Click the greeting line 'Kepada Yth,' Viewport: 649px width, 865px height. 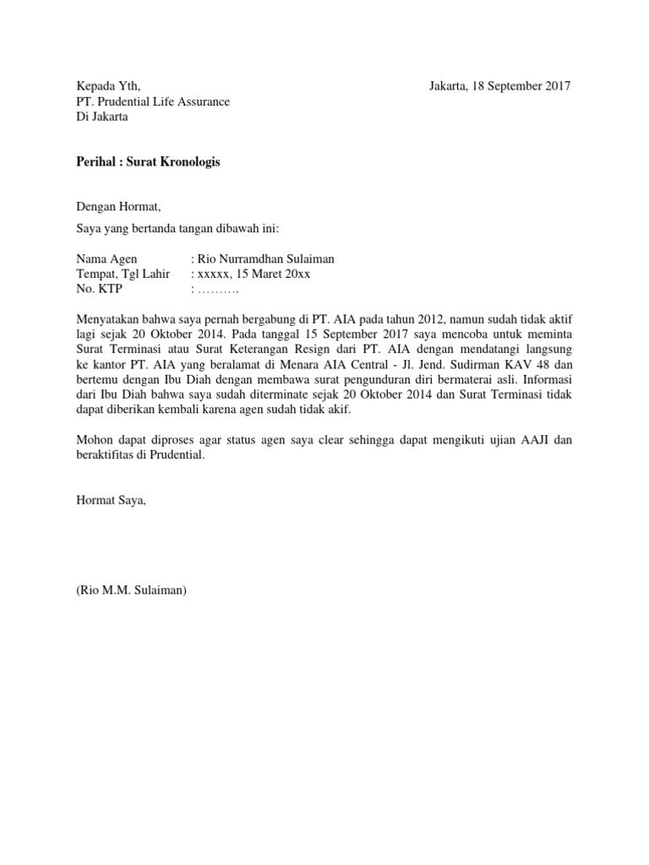pyautogui.click(x=104, y=86)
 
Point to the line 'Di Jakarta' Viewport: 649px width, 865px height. pyautogui.click(x=102, y=117)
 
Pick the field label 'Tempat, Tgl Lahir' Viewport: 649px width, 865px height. pyautogui.click(x=123, y=274)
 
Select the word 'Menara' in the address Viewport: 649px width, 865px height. pyautogui.click(x=331, y=366)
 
